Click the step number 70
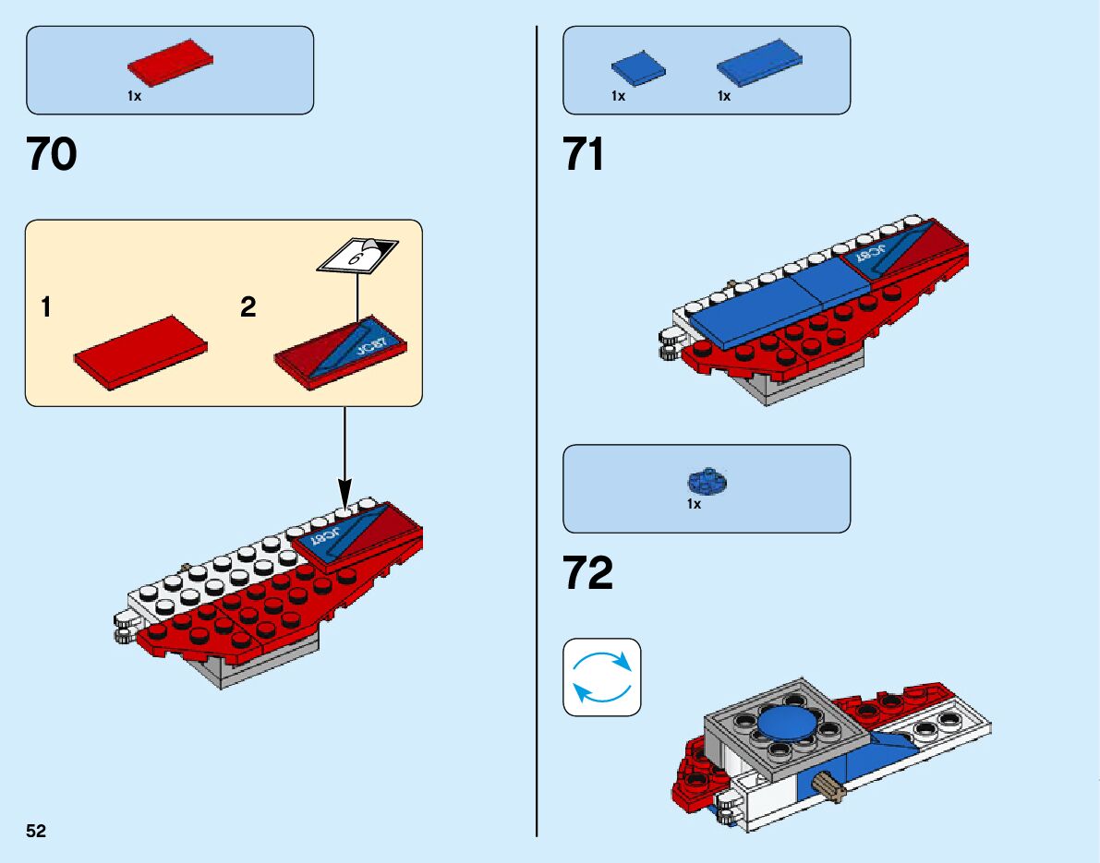coord(52,154)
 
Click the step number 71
coord(584,154)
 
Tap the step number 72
coord(587,574)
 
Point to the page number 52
coord(36,831)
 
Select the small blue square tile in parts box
coord(636,67)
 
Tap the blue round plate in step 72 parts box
coord(708,480)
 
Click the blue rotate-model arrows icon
coord(601,677)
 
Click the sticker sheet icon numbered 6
coord(358,254)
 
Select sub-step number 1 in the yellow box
coord(46,307)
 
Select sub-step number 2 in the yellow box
coord(248,307)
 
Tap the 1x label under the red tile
coord(135,96)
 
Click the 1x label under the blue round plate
coord(695,505)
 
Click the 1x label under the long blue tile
coord(724,96)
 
